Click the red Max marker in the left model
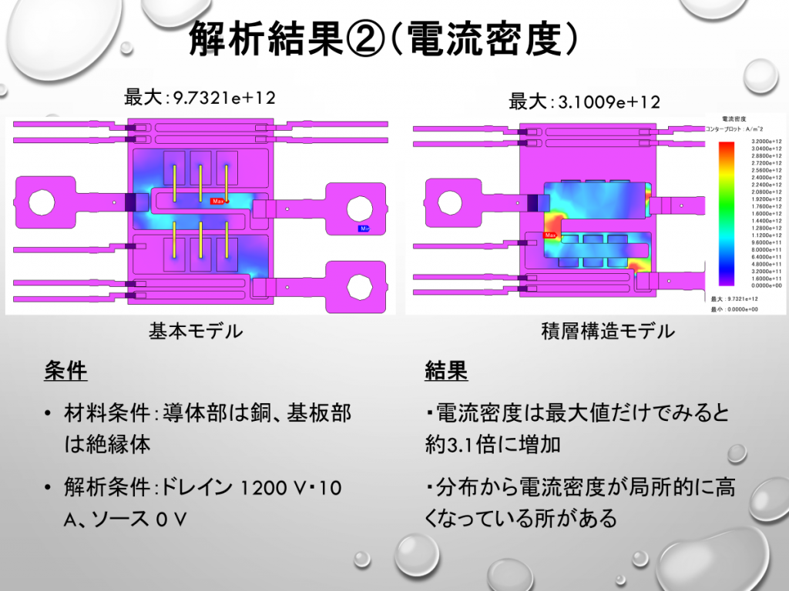click(219, 201)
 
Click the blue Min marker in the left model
click(363, 229)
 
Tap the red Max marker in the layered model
click(550, 235)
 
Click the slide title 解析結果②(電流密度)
click(383, 38)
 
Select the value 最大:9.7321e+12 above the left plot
click(200, 98)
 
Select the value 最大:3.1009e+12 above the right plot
click(585, 102)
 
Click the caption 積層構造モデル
click(609, 332)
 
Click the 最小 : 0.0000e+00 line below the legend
click(736, 309)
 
